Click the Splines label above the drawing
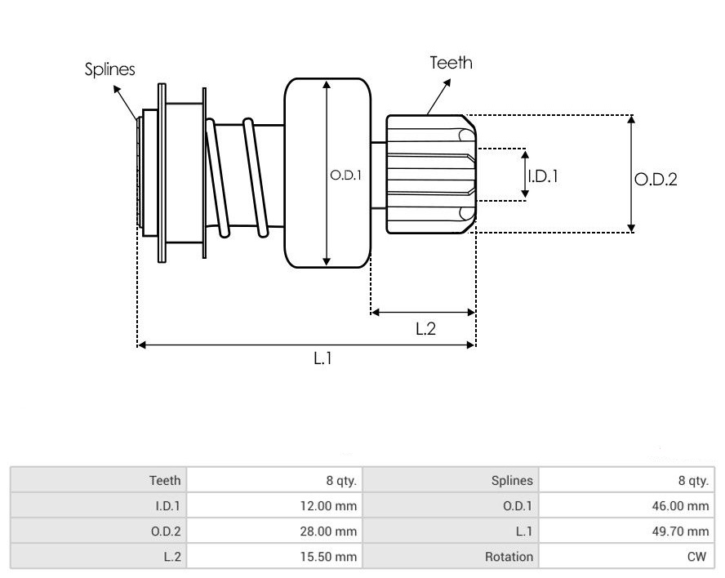pyautogui.click(x=110, y=69)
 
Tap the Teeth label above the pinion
pyautogui.click(x=451, y=62)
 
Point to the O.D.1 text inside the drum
pyautogui.click(x=345, y=174)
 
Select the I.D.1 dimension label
pyautogui.click(x=543, y=175)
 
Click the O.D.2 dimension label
pyautogui.click(x=656, y=180)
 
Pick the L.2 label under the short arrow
pyautogui.click(x=425, y=329)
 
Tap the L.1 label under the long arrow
pyautogui.click(x=323, y=358)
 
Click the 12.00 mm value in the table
pyautogui.click(x=329, y=506)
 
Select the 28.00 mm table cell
pyautogui.click(x=329, y=531)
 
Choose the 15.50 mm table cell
pyautogui.click(x=329, y=557)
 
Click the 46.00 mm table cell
pyautogui.click(x=682, y=506)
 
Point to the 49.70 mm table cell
pyautogui.click(x=682, y=531)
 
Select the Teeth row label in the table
pyautogui.click(x=165, y=481)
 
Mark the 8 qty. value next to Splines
pyautogui.click(x=694, y=481)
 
